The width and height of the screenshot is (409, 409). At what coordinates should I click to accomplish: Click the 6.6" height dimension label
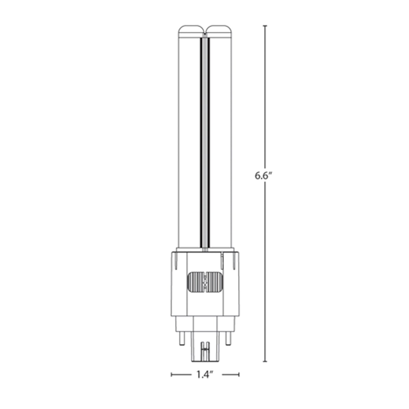click(x=264, y=176)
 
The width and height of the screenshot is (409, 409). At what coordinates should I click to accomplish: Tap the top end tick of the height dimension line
click(x=265, y=26)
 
